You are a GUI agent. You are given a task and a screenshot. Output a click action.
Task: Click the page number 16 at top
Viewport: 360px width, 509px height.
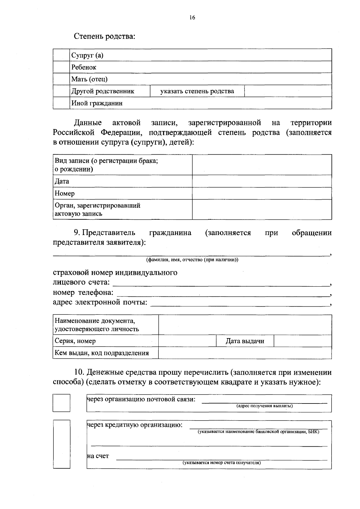(192, 18)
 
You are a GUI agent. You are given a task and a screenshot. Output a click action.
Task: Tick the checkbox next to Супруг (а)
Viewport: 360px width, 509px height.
(61, 55)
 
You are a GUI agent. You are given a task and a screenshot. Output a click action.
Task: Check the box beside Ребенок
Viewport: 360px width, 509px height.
(61, 67)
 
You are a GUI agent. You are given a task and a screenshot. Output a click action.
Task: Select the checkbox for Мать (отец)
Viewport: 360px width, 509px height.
(61, 79)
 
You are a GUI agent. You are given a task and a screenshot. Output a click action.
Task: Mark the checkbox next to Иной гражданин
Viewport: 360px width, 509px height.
(61, 103)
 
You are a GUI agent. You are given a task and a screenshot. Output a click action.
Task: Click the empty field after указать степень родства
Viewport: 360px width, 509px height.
(288, 91)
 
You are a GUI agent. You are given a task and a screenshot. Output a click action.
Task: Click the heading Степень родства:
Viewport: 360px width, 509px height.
(104, 37)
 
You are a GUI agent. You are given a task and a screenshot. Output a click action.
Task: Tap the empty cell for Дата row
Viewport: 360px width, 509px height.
(262, 181)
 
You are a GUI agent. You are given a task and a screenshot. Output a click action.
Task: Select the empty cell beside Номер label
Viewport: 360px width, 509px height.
(262, 193)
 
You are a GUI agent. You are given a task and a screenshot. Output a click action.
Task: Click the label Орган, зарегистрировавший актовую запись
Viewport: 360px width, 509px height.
(97, 210)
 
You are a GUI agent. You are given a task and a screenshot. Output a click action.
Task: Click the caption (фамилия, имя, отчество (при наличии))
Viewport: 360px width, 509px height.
(192, 260)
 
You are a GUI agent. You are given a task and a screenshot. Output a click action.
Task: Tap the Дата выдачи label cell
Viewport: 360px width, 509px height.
(245, 341)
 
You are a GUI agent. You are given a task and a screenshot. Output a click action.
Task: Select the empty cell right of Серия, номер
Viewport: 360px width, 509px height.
(187, 341)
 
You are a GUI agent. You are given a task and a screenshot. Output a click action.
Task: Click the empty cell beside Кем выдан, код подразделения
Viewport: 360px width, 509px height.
(245, 353)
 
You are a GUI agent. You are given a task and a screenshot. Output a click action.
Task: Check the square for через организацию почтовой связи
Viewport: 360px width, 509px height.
(61, 403)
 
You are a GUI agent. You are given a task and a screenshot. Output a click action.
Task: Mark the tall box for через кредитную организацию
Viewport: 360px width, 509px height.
(61, 444)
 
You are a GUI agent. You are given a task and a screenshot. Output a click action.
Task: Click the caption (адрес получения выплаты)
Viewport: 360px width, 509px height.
(264, 406)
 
